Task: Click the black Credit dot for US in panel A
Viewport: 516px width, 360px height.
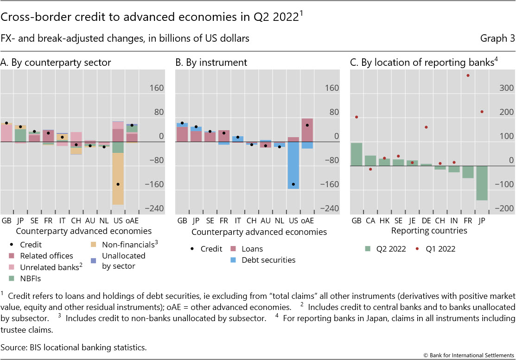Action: tap(118, 184)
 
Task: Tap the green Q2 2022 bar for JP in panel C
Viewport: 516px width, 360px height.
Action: tap(482, 183)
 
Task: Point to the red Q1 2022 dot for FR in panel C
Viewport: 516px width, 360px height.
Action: tap(468, 75)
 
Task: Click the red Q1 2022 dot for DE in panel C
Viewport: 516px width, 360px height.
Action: tap(426, 127)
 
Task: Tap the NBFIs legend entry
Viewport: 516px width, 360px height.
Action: tap(30, 278)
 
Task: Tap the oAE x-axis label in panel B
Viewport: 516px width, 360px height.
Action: tap(307, 221)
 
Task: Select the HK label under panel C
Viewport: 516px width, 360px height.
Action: tap(384, 221)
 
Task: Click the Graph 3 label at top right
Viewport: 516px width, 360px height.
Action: tap(497, 38)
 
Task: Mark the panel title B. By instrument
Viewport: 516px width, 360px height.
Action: tap(211, 63)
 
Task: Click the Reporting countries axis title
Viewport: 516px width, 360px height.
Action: tap(429, 230)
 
